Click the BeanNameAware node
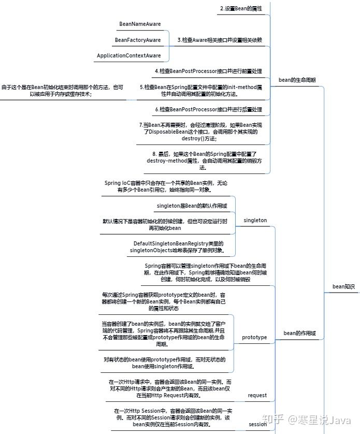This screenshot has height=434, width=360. tap(140, 24)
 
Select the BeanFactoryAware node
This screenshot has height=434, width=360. tap(138, 39)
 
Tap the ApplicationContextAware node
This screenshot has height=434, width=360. tap(128, 55)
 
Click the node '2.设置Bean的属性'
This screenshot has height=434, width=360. tap(241, 8)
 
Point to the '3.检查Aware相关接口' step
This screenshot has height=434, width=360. tap(220, 39)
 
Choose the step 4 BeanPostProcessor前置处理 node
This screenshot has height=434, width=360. tap(209, 70)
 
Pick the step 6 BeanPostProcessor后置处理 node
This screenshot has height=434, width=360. tap(209, 109)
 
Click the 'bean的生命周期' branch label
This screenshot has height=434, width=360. tap(297, 80)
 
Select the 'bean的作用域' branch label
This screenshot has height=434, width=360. tap(299, 333)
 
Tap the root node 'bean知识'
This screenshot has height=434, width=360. tap(343, 286)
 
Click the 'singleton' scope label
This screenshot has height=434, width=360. tap(255, 220)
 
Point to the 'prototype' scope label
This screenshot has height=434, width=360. tap(254, 338)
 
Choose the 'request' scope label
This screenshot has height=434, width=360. tap(257, 395)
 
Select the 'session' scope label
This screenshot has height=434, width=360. tap(257, 424)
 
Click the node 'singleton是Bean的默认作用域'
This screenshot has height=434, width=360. tap(192, 206)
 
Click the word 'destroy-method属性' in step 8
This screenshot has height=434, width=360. tap(172, 161)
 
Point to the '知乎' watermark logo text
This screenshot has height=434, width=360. tap(275, 418)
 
